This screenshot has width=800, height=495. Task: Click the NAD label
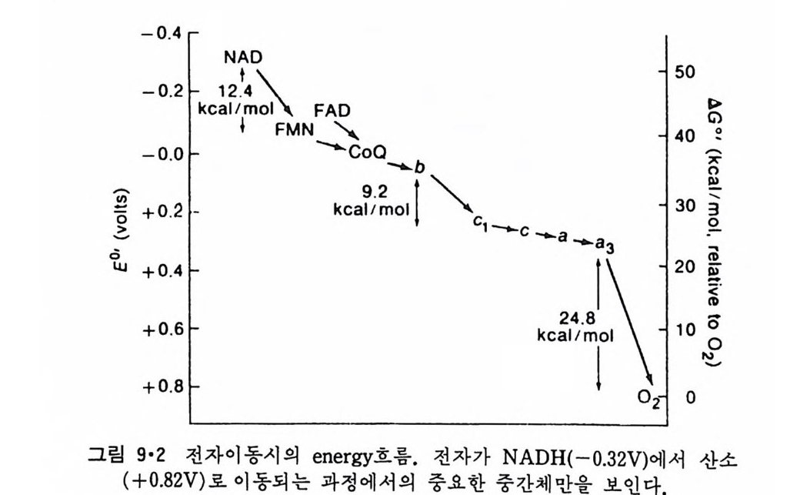pos(243,58)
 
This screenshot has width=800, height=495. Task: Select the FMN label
pos(294,129)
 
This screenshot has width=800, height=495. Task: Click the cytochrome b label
pos(419,168)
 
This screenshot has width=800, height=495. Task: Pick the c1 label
pos(481,222)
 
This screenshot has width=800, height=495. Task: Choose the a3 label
pos(605,244)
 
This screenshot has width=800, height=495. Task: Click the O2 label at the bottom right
pos(649,397)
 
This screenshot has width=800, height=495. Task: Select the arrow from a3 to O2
pos(628,319)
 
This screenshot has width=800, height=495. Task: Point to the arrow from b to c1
pos(451,194)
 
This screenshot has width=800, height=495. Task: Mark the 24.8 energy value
pos(575,318)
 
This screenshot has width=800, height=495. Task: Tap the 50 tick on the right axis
pos(685,72)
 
